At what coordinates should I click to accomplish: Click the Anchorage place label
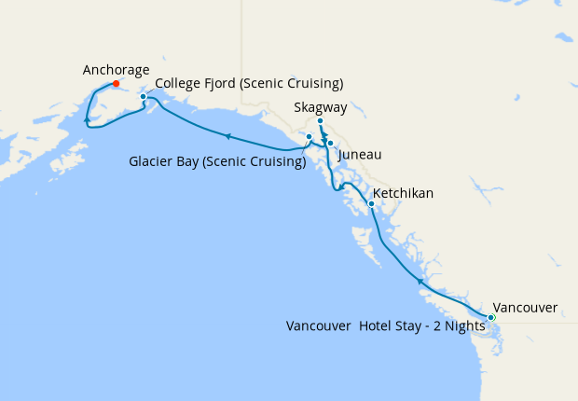tap(116, 70)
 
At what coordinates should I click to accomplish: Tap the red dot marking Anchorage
tap(116, 84)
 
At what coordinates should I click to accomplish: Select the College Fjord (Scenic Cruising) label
tap(249, 84)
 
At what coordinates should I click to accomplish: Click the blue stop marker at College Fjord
tap(143, 96)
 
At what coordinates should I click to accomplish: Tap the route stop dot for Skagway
tap(320, 121)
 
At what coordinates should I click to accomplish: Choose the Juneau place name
tap(360, 154)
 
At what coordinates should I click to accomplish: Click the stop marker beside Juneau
tap(330, 144)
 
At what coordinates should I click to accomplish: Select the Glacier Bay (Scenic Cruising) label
tap(217, 161)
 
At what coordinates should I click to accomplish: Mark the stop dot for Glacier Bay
tap(310, 137)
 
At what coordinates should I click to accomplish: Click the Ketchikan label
tap(403, 193)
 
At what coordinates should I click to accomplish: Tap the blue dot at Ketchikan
tap(371, 203)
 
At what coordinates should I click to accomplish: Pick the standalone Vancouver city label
tap(525, 307)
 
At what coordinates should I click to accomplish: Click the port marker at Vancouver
tap(491, 318)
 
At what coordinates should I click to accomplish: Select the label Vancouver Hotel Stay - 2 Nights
tap(385, 326)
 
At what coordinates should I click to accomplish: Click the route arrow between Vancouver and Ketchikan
tap(420, 280)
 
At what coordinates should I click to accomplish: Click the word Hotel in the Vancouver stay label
tap(376, 326)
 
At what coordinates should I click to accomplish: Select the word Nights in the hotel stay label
tap(465, 326)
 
